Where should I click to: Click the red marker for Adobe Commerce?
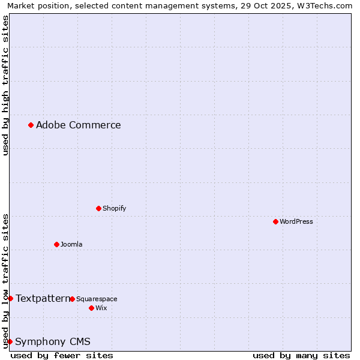pos(31,125)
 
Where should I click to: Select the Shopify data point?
pos(98,208)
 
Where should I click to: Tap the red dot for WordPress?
pos(275,221)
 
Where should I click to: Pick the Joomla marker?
pos(56,244)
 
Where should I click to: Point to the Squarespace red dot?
pos(72,299)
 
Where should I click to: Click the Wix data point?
pos(91,308)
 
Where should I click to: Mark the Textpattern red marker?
pos(10,298)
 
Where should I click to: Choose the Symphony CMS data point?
pos(10,341)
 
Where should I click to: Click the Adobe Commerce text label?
pos(78,125)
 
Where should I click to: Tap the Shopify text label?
pos(114,208)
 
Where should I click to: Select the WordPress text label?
pos(296,221)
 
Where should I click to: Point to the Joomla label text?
pos(71,244)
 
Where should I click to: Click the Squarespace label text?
pos(97,299)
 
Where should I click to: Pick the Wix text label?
pos(101,308)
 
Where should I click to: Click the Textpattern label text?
pos(42,298)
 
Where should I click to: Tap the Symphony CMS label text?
pos(53,342)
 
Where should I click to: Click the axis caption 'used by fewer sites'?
pos(62,355)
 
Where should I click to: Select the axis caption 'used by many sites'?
pos(301,355)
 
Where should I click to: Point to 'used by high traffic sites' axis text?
pos(5,85)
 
